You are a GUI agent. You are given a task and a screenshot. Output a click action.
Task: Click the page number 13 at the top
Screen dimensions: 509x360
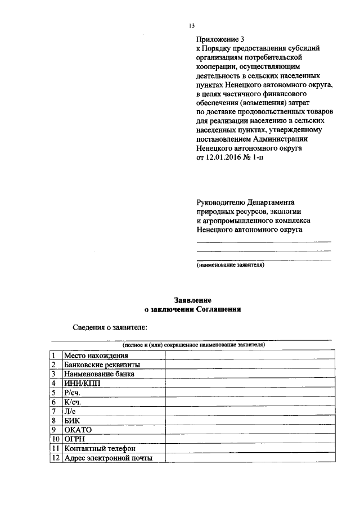[x=192, y=26]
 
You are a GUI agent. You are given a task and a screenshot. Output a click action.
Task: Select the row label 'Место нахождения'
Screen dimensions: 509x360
[x=96, y=355]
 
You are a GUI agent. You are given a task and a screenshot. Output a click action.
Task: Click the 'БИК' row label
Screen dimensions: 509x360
[x=73, y=420]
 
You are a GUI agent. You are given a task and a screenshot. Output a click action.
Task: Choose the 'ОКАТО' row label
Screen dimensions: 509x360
[x=78, y=430]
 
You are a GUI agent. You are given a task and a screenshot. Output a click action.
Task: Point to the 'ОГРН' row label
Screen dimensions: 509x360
[x=75, y=439]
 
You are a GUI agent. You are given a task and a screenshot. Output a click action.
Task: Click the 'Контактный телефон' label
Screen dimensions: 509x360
[x=100, y=448]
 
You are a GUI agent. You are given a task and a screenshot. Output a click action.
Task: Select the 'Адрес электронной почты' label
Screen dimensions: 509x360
[x=108, y=458]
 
